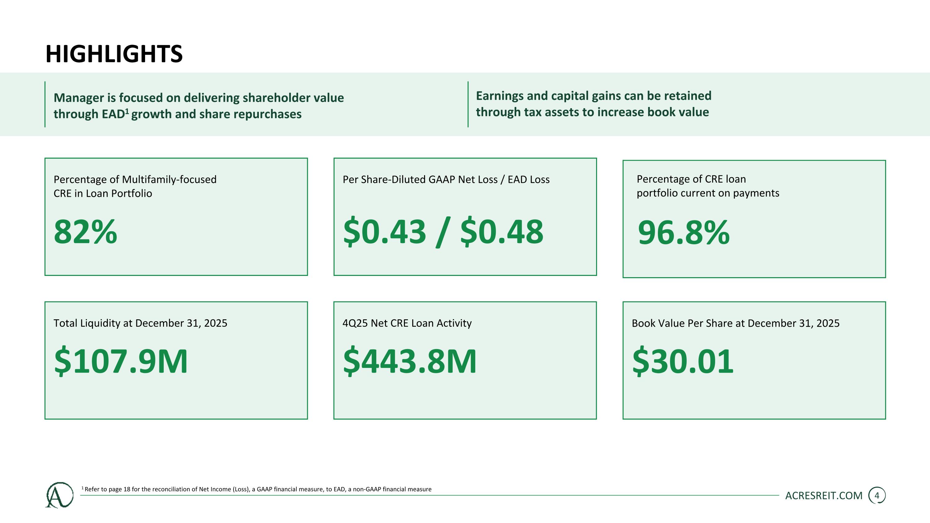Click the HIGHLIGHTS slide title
(114, 54)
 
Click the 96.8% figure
(684, 233)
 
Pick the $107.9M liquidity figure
(121, 361)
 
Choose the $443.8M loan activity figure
(410, 361)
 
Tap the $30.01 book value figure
(683, 361)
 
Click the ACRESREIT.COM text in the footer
(824, 496)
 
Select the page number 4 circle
(877, 496)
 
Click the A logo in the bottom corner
(59, 495)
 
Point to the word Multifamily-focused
(169, 180)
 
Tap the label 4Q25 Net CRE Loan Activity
(407, 323)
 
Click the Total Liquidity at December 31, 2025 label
(140, 323)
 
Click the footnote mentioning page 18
(256, 489)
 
